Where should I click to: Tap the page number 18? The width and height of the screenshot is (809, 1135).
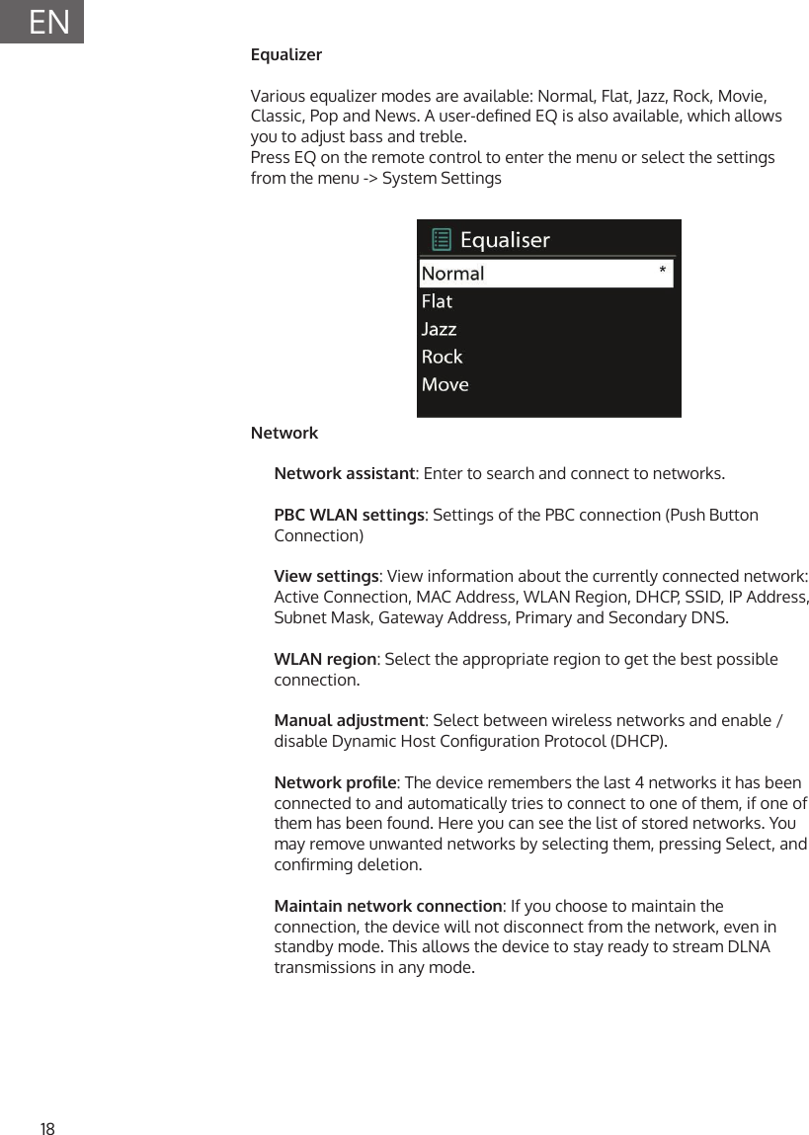click(x=47, y=1129)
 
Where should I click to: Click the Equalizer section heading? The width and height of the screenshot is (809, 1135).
click(x=286, y=54)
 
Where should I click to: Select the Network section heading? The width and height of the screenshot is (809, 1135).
click(x=284, y=433)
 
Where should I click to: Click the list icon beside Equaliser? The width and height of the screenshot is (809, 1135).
click(x=442, y=239)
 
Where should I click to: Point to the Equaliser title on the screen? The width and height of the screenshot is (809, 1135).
click(x=505, y=240)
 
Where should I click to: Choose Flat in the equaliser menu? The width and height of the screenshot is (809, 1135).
click(x=437, y=301)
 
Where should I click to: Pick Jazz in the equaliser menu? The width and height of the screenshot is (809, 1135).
click(x=439, y=329)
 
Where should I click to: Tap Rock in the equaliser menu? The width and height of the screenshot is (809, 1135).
click(x=442, y=357)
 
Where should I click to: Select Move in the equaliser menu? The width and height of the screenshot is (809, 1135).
click(x=445, y=384)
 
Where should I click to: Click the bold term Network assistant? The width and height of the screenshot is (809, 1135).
click(x=344, y=473)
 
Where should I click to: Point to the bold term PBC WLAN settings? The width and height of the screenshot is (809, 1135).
click(x=349, y=515)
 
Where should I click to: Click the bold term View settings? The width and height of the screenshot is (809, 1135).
click(x=326, y=576)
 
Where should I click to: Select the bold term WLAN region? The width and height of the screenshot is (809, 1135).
click(x=325, y=659)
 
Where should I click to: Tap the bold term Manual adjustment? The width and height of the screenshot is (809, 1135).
click(x=349, y=720)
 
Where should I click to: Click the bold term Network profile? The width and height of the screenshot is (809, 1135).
click(x=335, y=782)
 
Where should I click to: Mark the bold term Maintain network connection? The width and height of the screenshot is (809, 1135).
click(x=387, y=906)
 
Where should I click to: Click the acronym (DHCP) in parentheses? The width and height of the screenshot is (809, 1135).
click(x=638, y=741)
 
